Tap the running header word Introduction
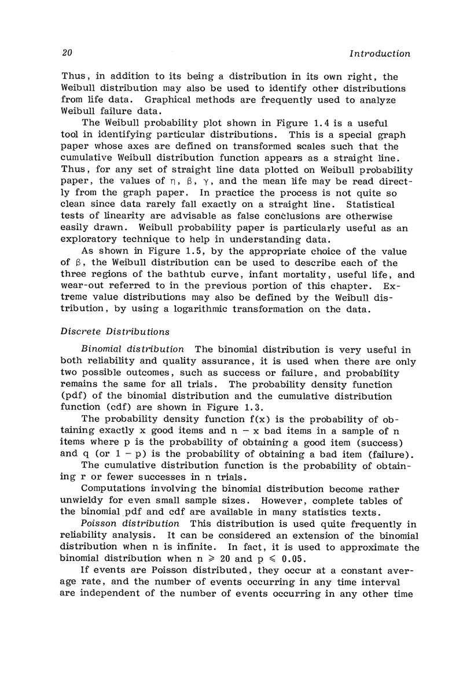376,53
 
